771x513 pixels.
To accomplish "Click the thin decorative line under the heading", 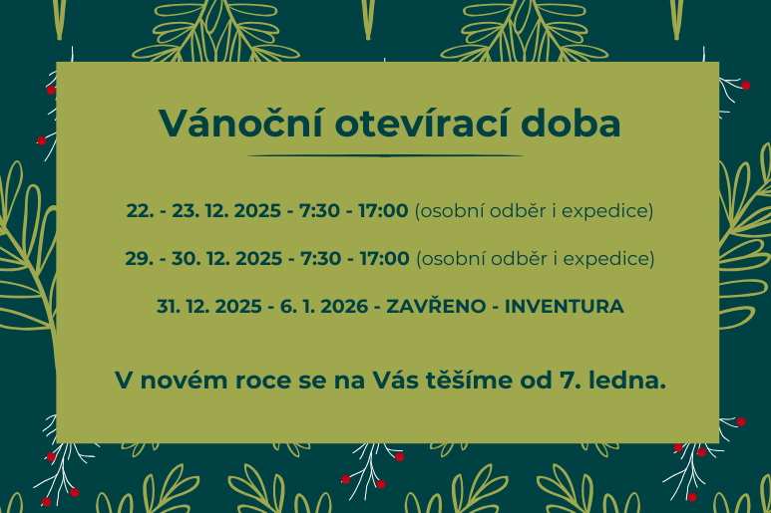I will point(385,156).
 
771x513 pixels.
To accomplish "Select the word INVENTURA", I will point(565,306).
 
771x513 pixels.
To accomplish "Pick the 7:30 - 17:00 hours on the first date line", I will point(355,211).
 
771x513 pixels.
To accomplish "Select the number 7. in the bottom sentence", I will point(577,380).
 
